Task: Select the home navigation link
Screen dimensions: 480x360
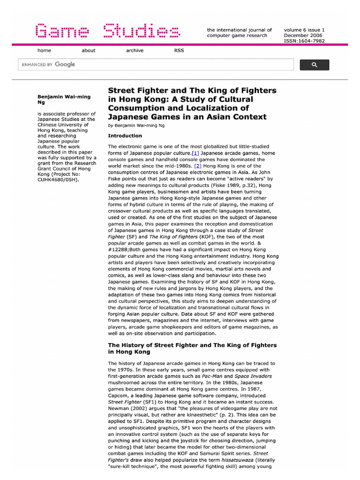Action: click(x=45, y=51)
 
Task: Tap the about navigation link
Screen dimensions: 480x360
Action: click(x=88, y=51)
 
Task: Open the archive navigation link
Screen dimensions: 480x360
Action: click(x=135, y=51)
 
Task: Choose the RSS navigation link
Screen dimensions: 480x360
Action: click(x=179, y=51)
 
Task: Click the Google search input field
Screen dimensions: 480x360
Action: click(x=155, y=65)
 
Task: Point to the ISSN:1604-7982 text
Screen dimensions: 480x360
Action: click(x=304, y=41)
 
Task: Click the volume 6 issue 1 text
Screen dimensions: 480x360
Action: click(x=304, y=30)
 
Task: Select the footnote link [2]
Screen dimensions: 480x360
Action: click(x=198, y=166)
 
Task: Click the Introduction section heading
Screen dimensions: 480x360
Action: click(x=125, y=136)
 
